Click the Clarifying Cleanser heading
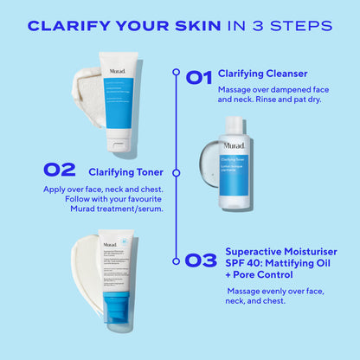coord(262,74)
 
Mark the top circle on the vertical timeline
coord(177,73)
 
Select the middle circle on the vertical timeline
coord(177,172)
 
